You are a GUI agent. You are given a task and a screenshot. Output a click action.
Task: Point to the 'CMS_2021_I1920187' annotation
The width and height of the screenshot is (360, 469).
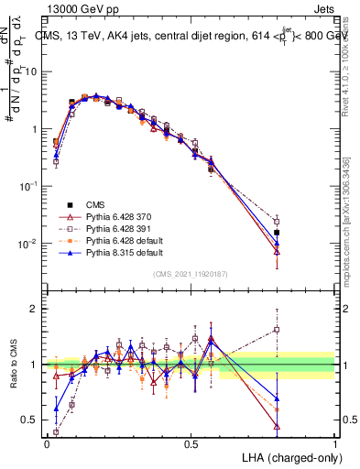(190, 273)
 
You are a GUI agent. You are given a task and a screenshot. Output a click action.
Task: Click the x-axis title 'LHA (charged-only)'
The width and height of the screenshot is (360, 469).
(288, 457)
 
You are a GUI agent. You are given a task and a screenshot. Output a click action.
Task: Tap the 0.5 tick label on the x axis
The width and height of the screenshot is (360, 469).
(191, 442)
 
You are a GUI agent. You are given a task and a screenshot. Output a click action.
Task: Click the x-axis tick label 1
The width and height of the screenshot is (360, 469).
(334, 442)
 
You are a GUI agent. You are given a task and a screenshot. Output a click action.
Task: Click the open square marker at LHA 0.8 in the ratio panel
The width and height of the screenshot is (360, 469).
(277, 330)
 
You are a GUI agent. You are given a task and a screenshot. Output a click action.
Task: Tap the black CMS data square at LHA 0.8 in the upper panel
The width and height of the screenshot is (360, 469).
(277, 233)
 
